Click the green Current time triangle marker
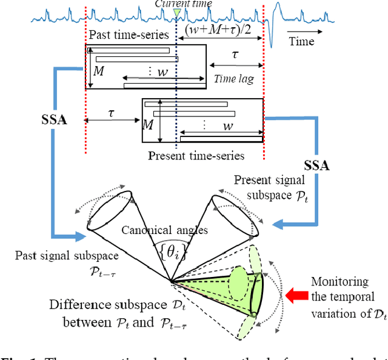coord(176,13)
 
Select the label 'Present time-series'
coord(196,156)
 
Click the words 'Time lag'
coord(234,79)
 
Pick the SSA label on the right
coord(315,165)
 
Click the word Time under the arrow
coord(301,41)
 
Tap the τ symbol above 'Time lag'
coord(235,55)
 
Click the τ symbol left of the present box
coord(111,114)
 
